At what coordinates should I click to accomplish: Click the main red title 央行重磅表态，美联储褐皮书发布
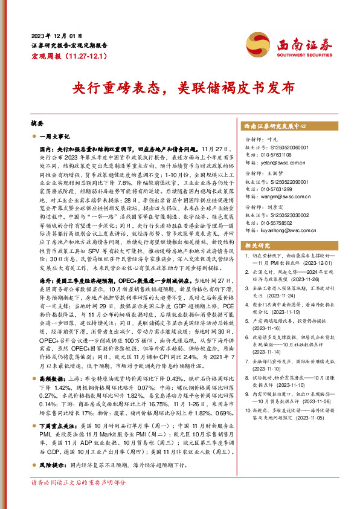pos(179,88)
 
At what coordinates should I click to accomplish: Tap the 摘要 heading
pos(37,121)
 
